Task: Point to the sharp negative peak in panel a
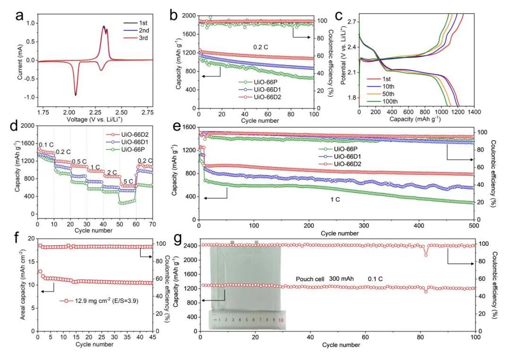(x=76, y=94)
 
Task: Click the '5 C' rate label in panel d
(x=128, y=181)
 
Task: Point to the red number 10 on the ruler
(x=281, y=320)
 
